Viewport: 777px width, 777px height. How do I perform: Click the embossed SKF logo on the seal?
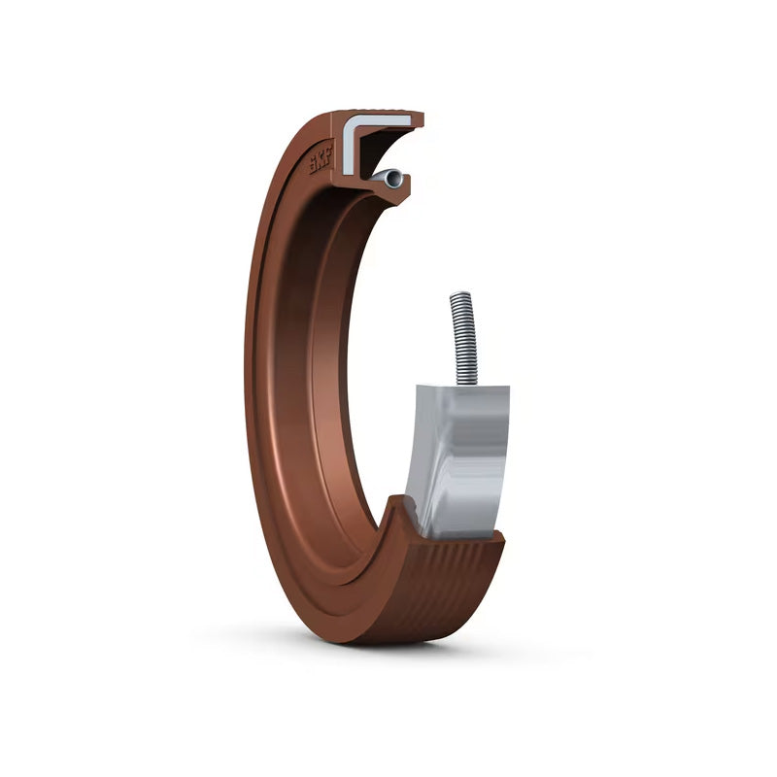[321, 158]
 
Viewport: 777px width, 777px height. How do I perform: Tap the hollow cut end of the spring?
[393, 179]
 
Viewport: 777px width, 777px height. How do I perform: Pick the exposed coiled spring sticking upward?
[463, 338]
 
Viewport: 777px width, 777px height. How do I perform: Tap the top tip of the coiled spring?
[459, 293]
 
